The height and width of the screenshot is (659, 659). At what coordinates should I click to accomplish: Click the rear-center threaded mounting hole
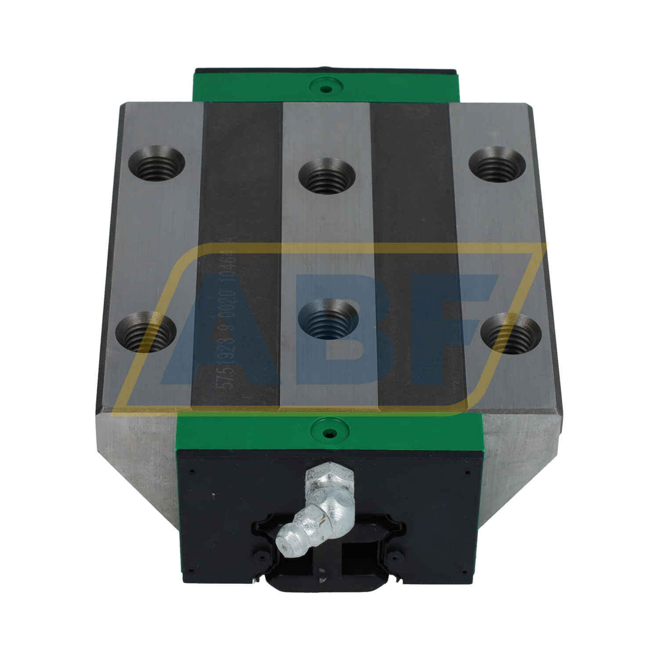(326, 176)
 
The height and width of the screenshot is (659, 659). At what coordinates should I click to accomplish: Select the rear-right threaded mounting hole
(497, 165)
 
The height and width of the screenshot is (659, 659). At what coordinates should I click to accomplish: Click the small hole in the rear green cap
(326, 89)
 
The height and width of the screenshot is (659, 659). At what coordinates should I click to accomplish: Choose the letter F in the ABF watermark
(444, 325)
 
